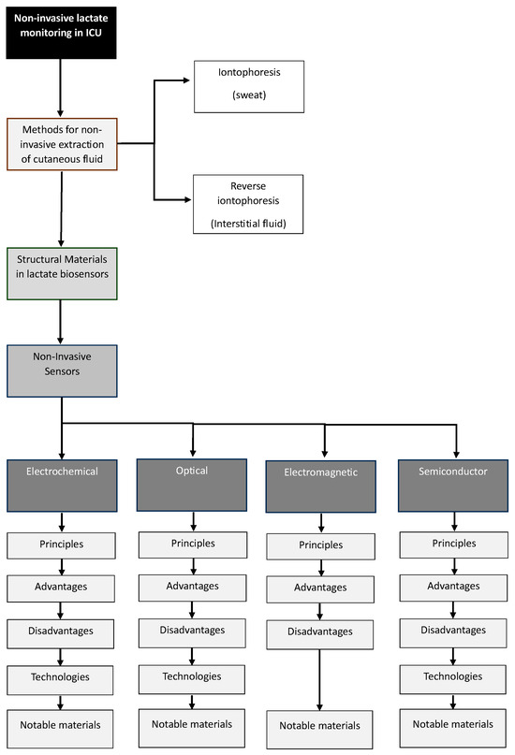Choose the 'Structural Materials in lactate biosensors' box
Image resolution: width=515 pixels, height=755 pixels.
[63, 274]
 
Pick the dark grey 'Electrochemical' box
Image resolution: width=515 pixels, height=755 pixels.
[63, 484]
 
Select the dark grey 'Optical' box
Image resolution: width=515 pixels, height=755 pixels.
[193, 484]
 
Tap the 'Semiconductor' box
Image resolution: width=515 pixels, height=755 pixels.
[456, 485]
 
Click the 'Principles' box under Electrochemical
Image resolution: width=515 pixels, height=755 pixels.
[63, 544]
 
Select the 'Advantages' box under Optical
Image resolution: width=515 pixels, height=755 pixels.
[193, 588]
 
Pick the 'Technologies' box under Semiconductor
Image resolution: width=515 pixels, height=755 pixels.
[456, 675]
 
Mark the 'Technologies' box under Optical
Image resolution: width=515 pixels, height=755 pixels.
[193, 676]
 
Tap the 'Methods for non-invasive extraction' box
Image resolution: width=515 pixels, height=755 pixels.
[63, 144]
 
